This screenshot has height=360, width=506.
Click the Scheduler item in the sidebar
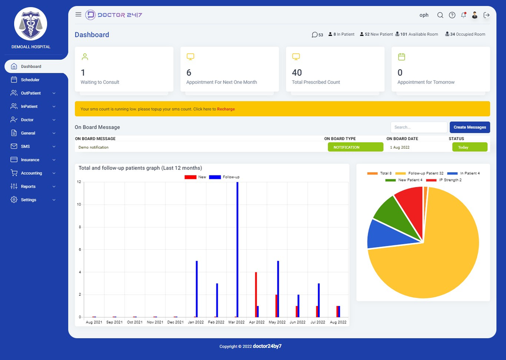(x=30, y=80)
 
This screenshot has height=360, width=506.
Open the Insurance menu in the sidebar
(x=31, y=160)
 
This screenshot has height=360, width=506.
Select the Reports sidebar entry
(x=28, y=187)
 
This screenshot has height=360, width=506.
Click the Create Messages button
(x=470, y=127)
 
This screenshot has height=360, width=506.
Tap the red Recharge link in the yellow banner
(x=226, y=109)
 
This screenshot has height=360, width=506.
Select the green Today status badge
(x=470, y=147)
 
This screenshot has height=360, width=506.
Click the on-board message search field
(x=418, y=127)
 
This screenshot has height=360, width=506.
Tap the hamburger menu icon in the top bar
(x=78, y=15)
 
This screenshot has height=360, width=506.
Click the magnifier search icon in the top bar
(x=440, y=15)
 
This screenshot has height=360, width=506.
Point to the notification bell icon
(x=463, y=15)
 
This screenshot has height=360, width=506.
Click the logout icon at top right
(x=487, y=15)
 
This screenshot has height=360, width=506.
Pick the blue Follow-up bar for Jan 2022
(x=196, y=289)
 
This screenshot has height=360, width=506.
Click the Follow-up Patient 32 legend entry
(x=420, y=173)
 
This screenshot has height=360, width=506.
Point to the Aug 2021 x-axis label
(x=94, y=322)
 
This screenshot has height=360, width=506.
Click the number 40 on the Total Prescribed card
(x=297, y=73)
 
